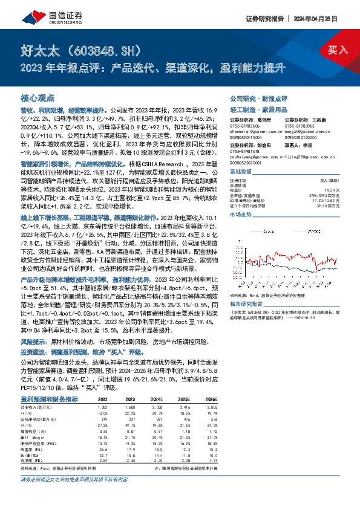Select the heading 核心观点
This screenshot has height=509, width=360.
38,97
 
